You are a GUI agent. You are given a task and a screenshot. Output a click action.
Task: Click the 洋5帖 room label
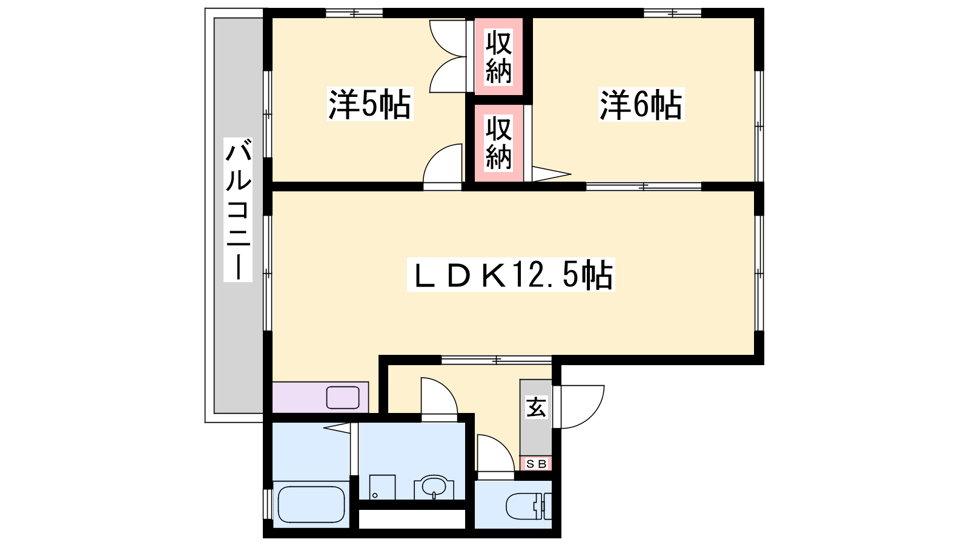370,104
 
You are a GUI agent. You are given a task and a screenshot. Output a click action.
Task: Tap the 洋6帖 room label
641,105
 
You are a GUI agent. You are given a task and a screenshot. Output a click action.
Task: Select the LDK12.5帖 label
511,275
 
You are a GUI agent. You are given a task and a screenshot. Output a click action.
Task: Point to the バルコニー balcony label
238,210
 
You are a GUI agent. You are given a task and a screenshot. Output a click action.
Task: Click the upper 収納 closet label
499,57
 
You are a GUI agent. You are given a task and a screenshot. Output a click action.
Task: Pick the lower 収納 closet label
499,143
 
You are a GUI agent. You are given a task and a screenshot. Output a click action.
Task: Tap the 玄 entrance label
536,407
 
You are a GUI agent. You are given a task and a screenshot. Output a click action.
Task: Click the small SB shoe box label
537,464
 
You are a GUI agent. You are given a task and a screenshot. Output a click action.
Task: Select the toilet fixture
529,506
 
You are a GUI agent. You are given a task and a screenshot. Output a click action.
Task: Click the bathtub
311,504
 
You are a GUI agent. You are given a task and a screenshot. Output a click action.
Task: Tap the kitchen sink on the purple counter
343,398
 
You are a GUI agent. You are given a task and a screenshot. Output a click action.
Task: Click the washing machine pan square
382,487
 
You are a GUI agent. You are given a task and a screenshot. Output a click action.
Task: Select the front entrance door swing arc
592,416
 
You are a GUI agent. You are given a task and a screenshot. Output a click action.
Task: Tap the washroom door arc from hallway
446,391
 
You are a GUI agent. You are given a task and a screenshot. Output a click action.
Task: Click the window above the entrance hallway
496,360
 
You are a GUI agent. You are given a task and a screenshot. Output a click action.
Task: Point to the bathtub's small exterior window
268,504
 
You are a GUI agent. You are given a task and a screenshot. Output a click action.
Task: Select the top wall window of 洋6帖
672,13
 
